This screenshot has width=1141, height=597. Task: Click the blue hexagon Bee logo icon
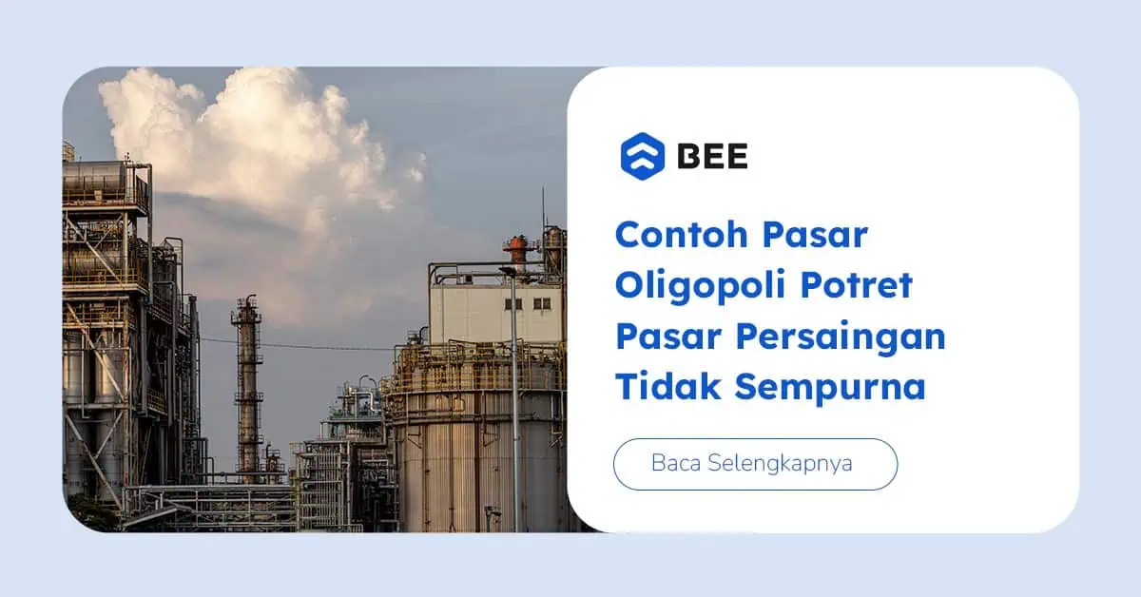643,157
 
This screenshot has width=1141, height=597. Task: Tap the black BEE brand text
712,156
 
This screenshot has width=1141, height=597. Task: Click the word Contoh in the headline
682,235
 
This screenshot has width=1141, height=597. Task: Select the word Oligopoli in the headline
701,286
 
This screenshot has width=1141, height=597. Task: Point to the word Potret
857,285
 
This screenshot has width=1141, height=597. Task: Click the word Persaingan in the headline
841,338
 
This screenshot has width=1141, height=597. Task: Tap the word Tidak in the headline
668,387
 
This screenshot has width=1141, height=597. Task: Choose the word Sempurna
830,388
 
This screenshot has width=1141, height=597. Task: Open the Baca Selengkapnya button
755,464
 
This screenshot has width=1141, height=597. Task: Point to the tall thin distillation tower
247,387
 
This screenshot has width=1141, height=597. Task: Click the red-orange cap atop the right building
518,251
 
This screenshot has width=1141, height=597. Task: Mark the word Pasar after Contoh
815,235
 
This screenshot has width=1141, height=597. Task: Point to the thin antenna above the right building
543,209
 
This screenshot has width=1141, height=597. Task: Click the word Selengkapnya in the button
780,464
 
